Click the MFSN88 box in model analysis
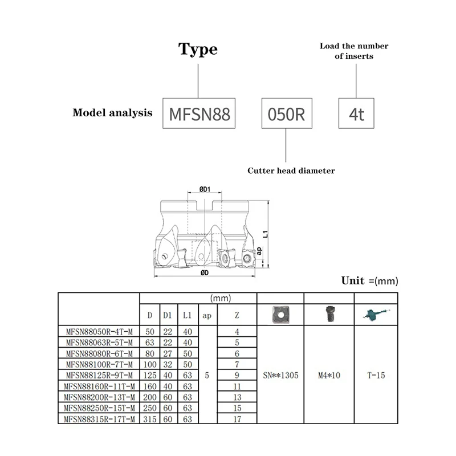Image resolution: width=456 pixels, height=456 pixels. tap(199, 113)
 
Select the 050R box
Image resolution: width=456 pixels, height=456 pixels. tap(287, 113)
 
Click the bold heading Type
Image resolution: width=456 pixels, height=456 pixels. tap(198, 50)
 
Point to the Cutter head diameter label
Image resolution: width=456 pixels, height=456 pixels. tap(291, 170)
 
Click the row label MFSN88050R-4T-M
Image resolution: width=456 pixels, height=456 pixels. tap(99, 332)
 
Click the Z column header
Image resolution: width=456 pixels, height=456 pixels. tap(237, 315)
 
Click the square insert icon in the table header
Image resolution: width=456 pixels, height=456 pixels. tap(280, 313)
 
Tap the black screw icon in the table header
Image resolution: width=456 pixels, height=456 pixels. tap(329, 313)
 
